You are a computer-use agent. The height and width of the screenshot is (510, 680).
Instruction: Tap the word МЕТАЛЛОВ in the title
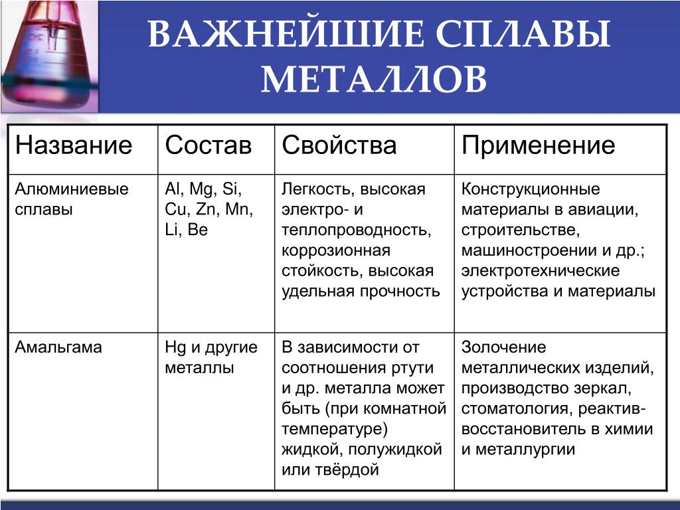[374, 80]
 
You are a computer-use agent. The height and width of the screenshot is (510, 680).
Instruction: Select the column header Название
[73, 145]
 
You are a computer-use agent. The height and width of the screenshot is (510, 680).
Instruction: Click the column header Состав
[208, 145]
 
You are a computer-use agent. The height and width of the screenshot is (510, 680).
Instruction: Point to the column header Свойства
[339, 145]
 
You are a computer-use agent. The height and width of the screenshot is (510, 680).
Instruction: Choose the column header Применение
[538, 145]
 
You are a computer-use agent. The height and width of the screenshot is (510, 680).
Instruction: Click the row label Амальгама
[58, 347]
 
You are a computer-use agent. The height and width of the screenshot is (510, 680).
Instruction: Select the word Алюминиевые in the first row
[72, 189]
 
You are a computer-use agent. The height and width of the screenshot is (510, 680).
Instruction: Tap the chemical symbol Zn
[206, 209]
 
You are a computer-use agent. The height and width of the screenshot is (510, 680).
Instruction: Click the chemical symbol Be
[198, 230]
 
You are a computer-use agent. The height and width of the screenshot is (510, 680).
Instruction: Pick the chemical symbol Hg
[175, 348]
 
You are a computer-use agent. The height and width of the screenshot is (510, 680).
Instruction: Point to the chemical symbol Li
[172, 230]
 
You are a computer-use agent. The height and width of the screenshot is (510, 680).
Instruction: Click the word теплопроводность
[356, 230]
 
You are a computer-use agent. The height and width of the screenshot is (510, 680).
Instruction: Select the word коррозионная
[336, 251]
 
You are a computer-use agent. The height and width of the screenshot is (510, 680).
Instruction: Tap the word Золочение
[503, 347]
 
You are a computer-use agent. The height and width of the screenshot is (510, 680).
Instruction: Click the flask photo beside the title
[49, 56]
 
